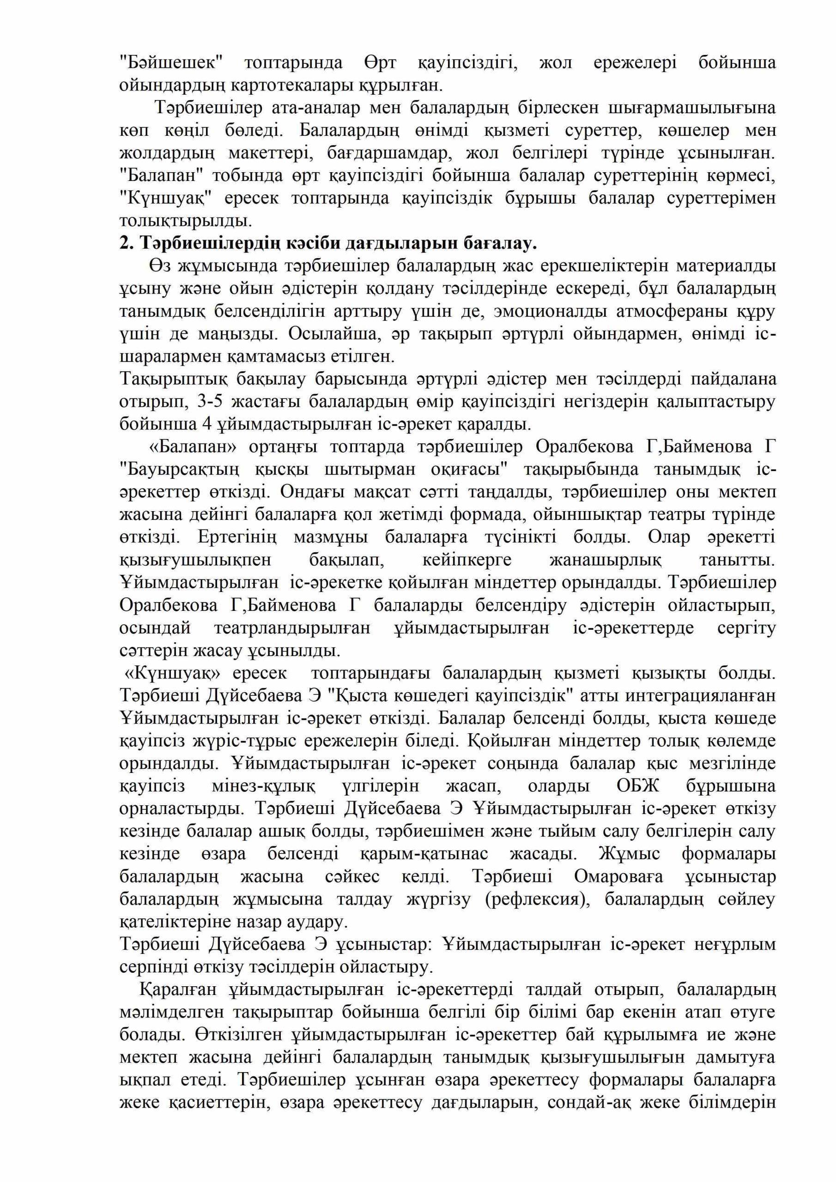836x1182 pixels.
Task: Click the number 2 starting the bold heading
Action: point(124,243)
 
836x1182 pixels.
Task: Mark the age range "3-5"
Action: point(206,402)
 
